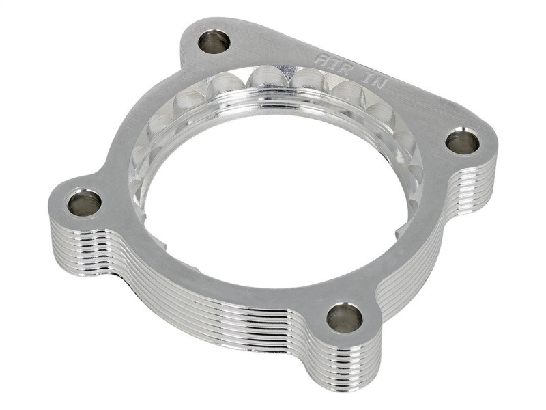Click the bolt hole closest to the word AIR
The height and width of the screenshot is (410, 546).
point(214,42)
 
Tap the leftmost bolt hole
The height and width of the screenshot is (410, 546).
point(84,203)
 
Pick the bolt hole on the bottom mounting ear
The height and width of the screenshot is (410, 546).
point(344,317)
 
